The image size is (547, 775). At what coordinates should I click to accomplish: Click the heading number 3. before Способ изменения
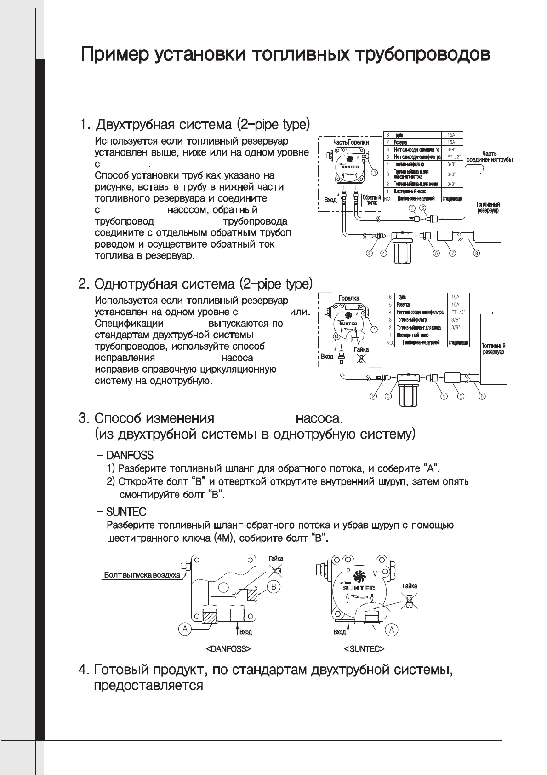[x=84, y=419]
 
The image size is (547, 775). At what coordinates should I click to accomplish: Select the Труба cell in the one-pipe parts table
[x=401, y=297]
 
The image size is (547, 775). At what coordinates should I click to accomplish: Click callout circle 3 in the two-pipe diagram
[x=412, y=208]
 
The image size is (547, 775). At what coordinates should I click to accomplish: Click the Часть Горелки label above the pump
[x=351, y=143]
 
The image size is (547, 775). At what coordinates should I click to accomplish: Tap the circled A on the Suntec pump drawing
[x=391, y=629]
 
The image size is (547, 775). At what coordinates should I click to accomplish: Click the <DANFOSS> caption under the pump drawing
[x=228, y=649]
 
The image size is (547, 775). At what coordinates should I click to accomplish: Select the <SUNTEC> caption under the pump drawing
[x=364, y=649]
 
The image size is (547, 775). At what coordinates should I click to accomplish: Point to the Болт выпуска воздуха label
[x=142, y=575]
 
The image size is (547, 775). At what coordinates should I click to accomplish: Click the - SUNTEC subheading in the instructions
[x=121, y=512]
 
